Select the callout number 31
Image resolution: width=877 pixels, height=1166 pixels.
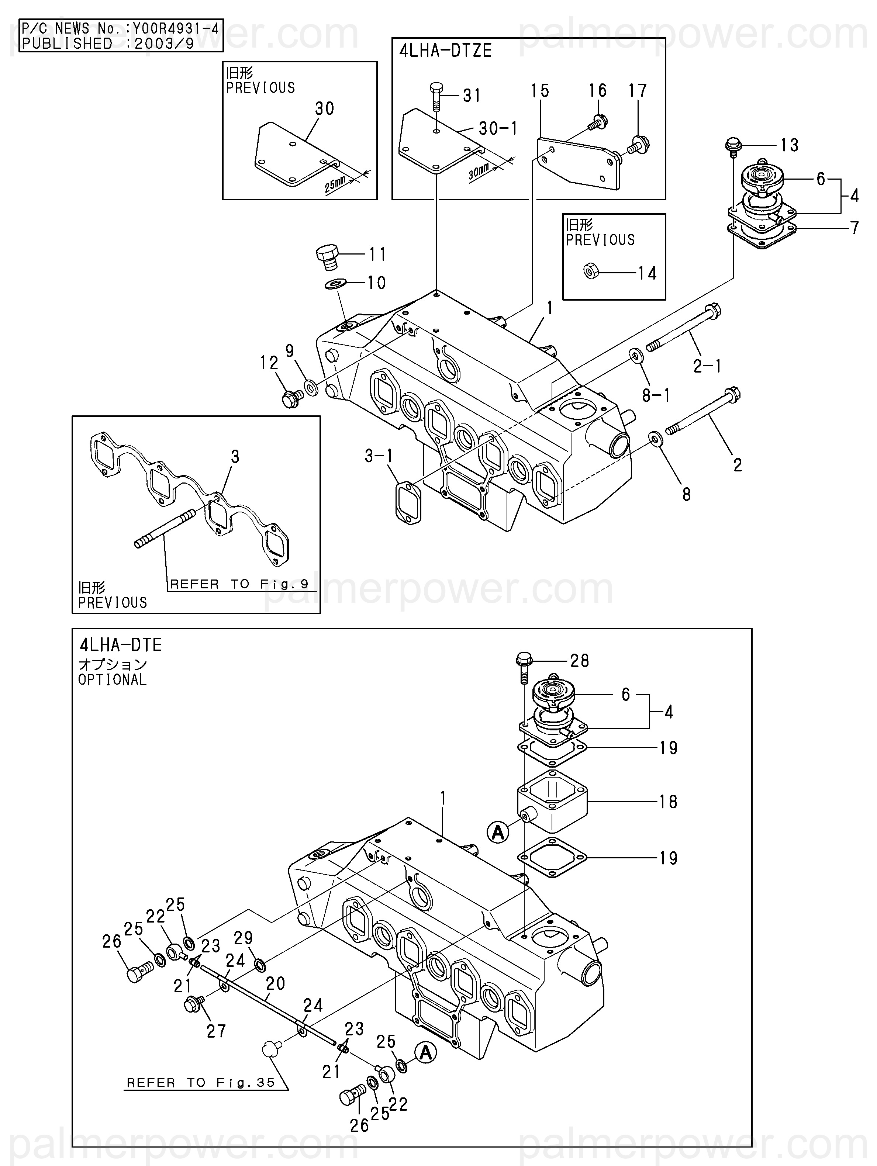click(x=472, y=96)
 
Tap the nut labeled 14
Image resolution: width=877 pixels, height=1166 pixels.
click(x=591, y=271)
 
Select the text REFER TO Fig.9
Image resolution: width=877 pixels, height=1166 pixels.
click(x=239, y=584)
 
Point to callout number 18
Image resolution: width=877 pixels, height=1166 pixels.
click(x=668, y=802)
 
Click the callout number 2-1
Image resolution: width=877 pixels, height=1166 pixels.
click(x=707, y=366)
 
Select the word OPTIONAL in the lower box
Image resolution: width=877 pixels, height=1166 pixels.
click(x=112, y=679)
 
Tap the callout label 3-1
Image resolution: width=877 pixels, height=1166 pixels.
click(x=379, y=456)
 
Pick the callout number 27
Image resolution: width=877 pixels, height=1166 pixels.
click(x=216, y=1031)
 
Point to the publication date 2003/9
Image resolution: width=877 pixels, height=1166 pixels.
click(x=165, y=43)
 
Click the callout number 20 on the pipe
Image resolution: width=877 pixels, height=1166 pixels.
click(x=275, y=983)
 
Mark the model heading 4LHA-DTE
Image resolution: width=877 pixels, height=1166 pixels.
click(x=121, y=645)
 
